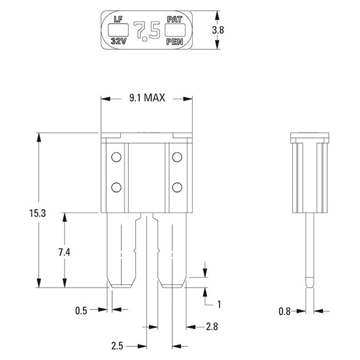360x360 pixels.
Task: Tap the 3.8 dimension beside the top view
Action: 218,30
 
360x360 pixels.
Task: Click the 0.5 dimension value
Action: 81,310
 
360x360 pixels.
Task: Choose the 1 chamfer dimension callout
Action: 219,304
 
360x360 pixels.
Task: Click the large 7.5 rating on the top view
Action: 147,31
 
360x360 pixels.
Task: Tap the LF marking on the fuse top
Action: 117,20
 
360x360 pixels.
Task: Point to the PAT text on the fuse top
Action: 173,20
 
